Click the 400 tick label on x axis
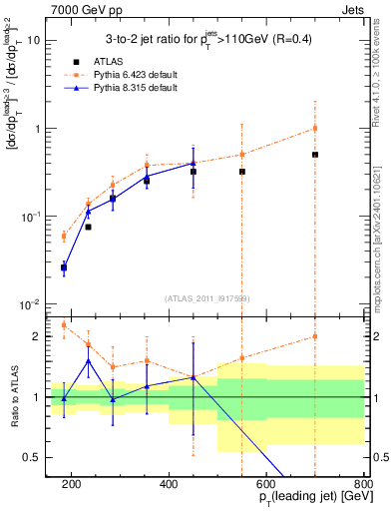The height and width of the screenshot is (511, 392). coord(169,484)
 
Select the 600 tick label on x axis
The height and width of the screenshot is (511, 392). coord(266,484)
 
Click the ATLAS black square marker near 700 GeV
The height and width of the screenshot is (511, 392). coord(315,155)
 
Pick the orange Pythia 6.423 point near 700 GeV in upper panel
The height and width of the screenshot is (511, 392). coord(315,128)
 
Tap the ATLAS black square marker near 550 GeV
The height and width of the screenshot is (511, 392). coord(241,172)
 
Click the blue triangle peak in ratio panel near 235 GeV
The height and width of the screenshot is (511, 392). coord(88,360)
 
